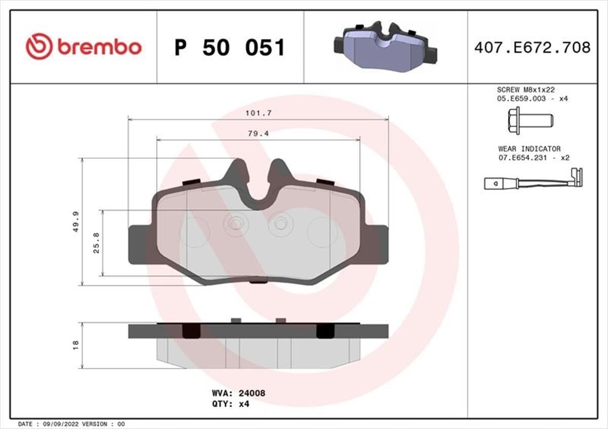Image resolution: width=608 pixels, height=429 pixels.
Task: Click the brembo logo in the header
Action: tap(84, 47)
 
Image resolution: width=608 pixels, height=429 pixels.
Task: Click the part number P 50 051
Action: tap(230, 48)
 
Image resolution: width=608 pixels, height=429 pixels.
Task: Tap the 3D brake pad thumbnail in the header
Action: tap(385, 47)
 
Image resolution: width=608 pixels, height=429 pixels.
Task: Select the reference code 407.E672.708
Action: tap(532, 48)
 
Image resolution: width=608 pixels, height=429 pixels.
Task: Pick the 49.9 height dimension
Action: tap(76, 222)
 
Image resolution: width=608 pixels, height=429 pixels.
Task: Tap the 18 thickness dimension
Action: tap(76, 344)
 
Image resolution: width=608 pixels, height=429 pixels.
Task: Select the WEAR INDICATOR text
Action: tap(529, 149)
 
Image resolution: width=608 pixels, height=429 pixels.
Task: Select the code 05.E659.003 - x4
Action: tap(533, 99)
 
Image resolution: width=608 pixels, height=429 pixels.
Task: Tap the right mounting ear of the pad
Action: tap(377, 245)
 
